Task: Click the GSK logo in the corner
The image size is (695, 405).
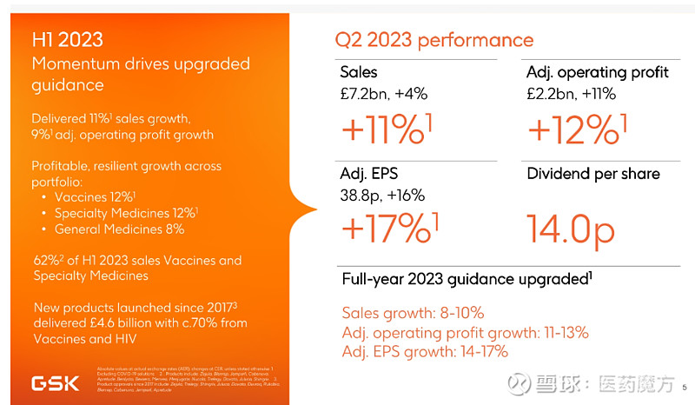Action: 58,382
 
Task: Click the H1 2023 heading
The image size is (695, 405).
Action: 68,40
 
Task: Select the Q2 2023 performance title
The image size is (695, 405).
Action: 434,40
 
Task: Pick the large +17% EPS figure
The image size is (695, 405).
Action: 387,228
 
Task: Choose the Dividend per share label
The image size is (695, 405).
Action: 593,173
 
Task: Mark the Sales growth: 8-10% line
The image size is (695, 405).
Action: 413,313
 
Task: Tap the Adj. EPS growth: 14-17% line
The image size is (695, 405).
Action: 425,351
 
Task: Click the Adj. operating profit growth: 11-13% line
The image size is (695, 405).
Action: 466,332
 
